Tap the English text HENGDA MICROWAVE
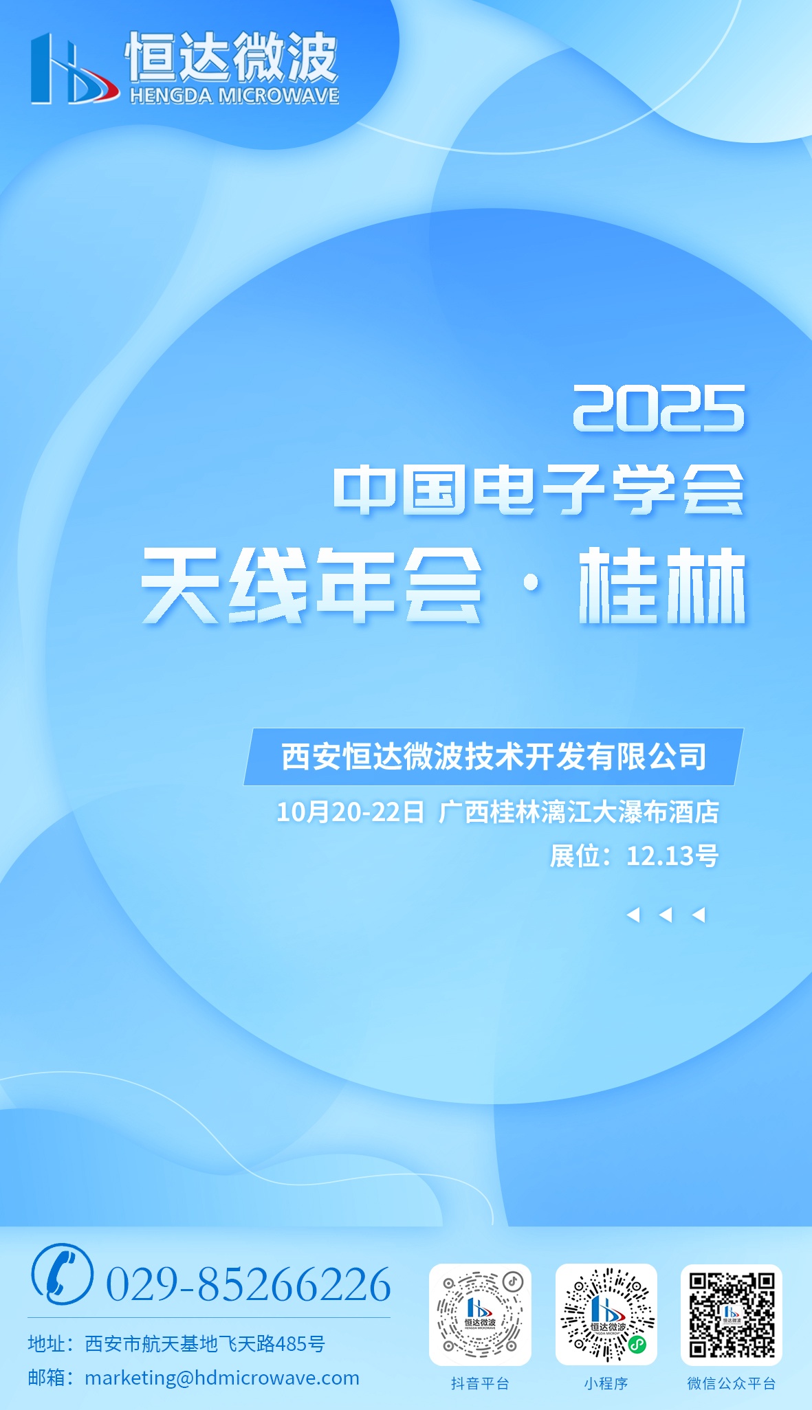click(x=234, y=96)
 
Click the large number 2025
click(x=659, y=409)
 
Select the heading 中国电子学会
click(x=539, y=489)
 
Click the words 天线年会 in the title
click(x=311, y=585)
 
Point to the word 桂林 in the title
click(x=662, y=585)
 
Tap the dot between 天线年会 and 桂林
click(x=531, y=584)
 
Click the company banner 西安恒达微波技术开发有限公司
click(x=494, y=757)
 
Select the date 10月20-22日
click(x=351, y=812)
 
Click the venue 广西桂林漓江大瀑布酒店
click(x=579, y=812)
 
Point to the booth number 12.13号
click(x=672, y=856)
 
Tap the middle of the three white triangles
click(x=666, y=915)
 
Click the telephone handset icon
click(x=62, y=1274)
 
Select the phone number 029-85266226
click(x=248, y=1284)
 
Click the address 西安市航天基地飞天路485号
click(x=205, y=1343)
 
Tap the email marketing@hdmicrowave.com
click(x=222, y=1378)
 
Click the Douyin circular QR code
click(x=480, y=1314)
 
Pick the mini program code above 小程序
click(x=606, y=1314)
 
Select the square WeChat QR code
click(x=732, y=1314)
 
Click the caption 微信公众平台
click(x=732, y=1383)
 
